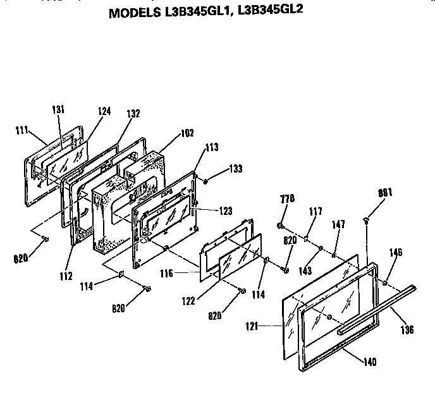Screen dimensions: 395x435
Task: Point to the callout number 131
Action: pos(58,109)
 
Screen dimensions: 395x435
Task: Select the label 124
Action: pos(104,111)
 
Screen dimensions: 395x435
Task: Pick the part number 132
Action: pos(133,114)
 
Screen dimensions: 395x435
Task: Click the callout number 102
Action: pos(187,133)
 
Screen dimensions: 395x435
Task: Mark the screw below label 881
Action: pos(367,219)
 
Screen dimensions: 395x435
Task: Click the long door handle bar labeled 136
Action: pos(379,308)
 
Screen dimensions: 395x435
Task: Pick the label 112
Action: pos(66,276)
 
